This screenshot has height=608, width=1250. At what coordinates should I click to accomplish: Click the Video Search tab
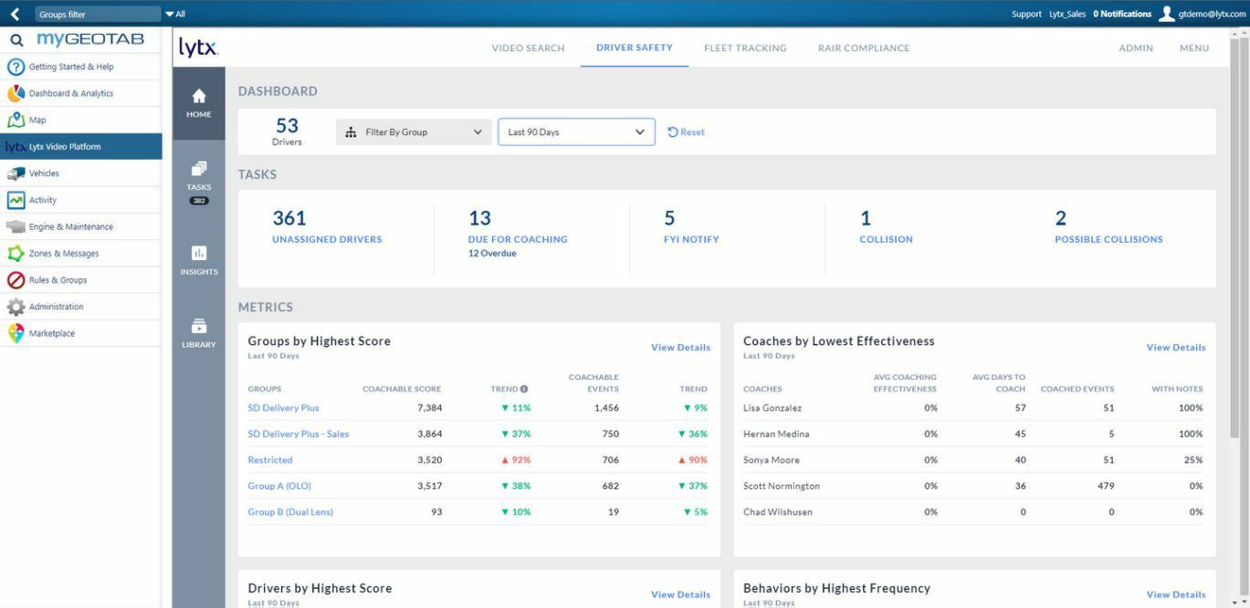[528, 48]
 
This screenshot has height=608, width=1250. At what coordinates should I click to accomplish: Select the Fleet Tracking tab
[745, 48]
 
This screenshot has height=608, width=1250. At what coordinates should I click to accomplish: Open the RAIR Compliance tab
[863, 48]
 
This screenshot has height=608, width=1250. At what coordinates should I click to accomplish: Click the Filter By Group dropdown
[414, 132]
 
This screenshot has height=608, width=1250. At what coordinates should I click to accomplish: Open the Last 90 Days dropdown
[576, 132]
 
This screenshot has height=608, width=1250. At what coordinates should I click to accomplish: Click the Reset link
[687, 132]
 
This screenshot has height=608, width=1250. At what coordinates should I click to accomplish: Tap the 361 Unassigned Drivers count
[289, 218]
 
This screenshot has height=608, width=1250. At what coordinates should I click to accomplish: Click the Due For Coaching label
[518, 239]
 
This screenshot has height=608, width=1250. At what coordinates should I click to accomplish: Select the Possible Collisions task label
[1108, 239]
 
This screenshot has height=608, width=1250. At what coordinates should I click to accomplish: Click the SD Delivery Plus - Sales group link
[299, 435]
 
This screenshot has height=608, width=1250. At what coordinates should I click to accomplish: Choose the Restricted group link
[270, 460]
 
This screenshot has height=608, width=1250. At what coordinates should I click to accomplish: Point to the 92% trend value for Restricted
[516, 460]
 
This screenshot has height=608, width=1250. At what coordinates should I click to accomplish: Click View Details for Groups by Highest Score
[680, 348]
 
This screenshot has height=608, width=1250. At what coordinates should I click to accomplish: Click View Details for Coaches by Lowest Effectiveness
[1176, 348]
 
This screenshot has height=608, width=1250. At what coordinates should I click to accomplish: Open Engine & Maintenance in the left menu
[71, 226]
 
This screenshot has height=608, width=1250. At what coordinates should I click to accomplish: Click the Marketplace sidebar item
[52, 333]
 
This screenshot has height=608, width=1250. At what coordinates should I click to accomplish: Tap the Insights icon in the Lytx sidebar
[199, 259]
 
